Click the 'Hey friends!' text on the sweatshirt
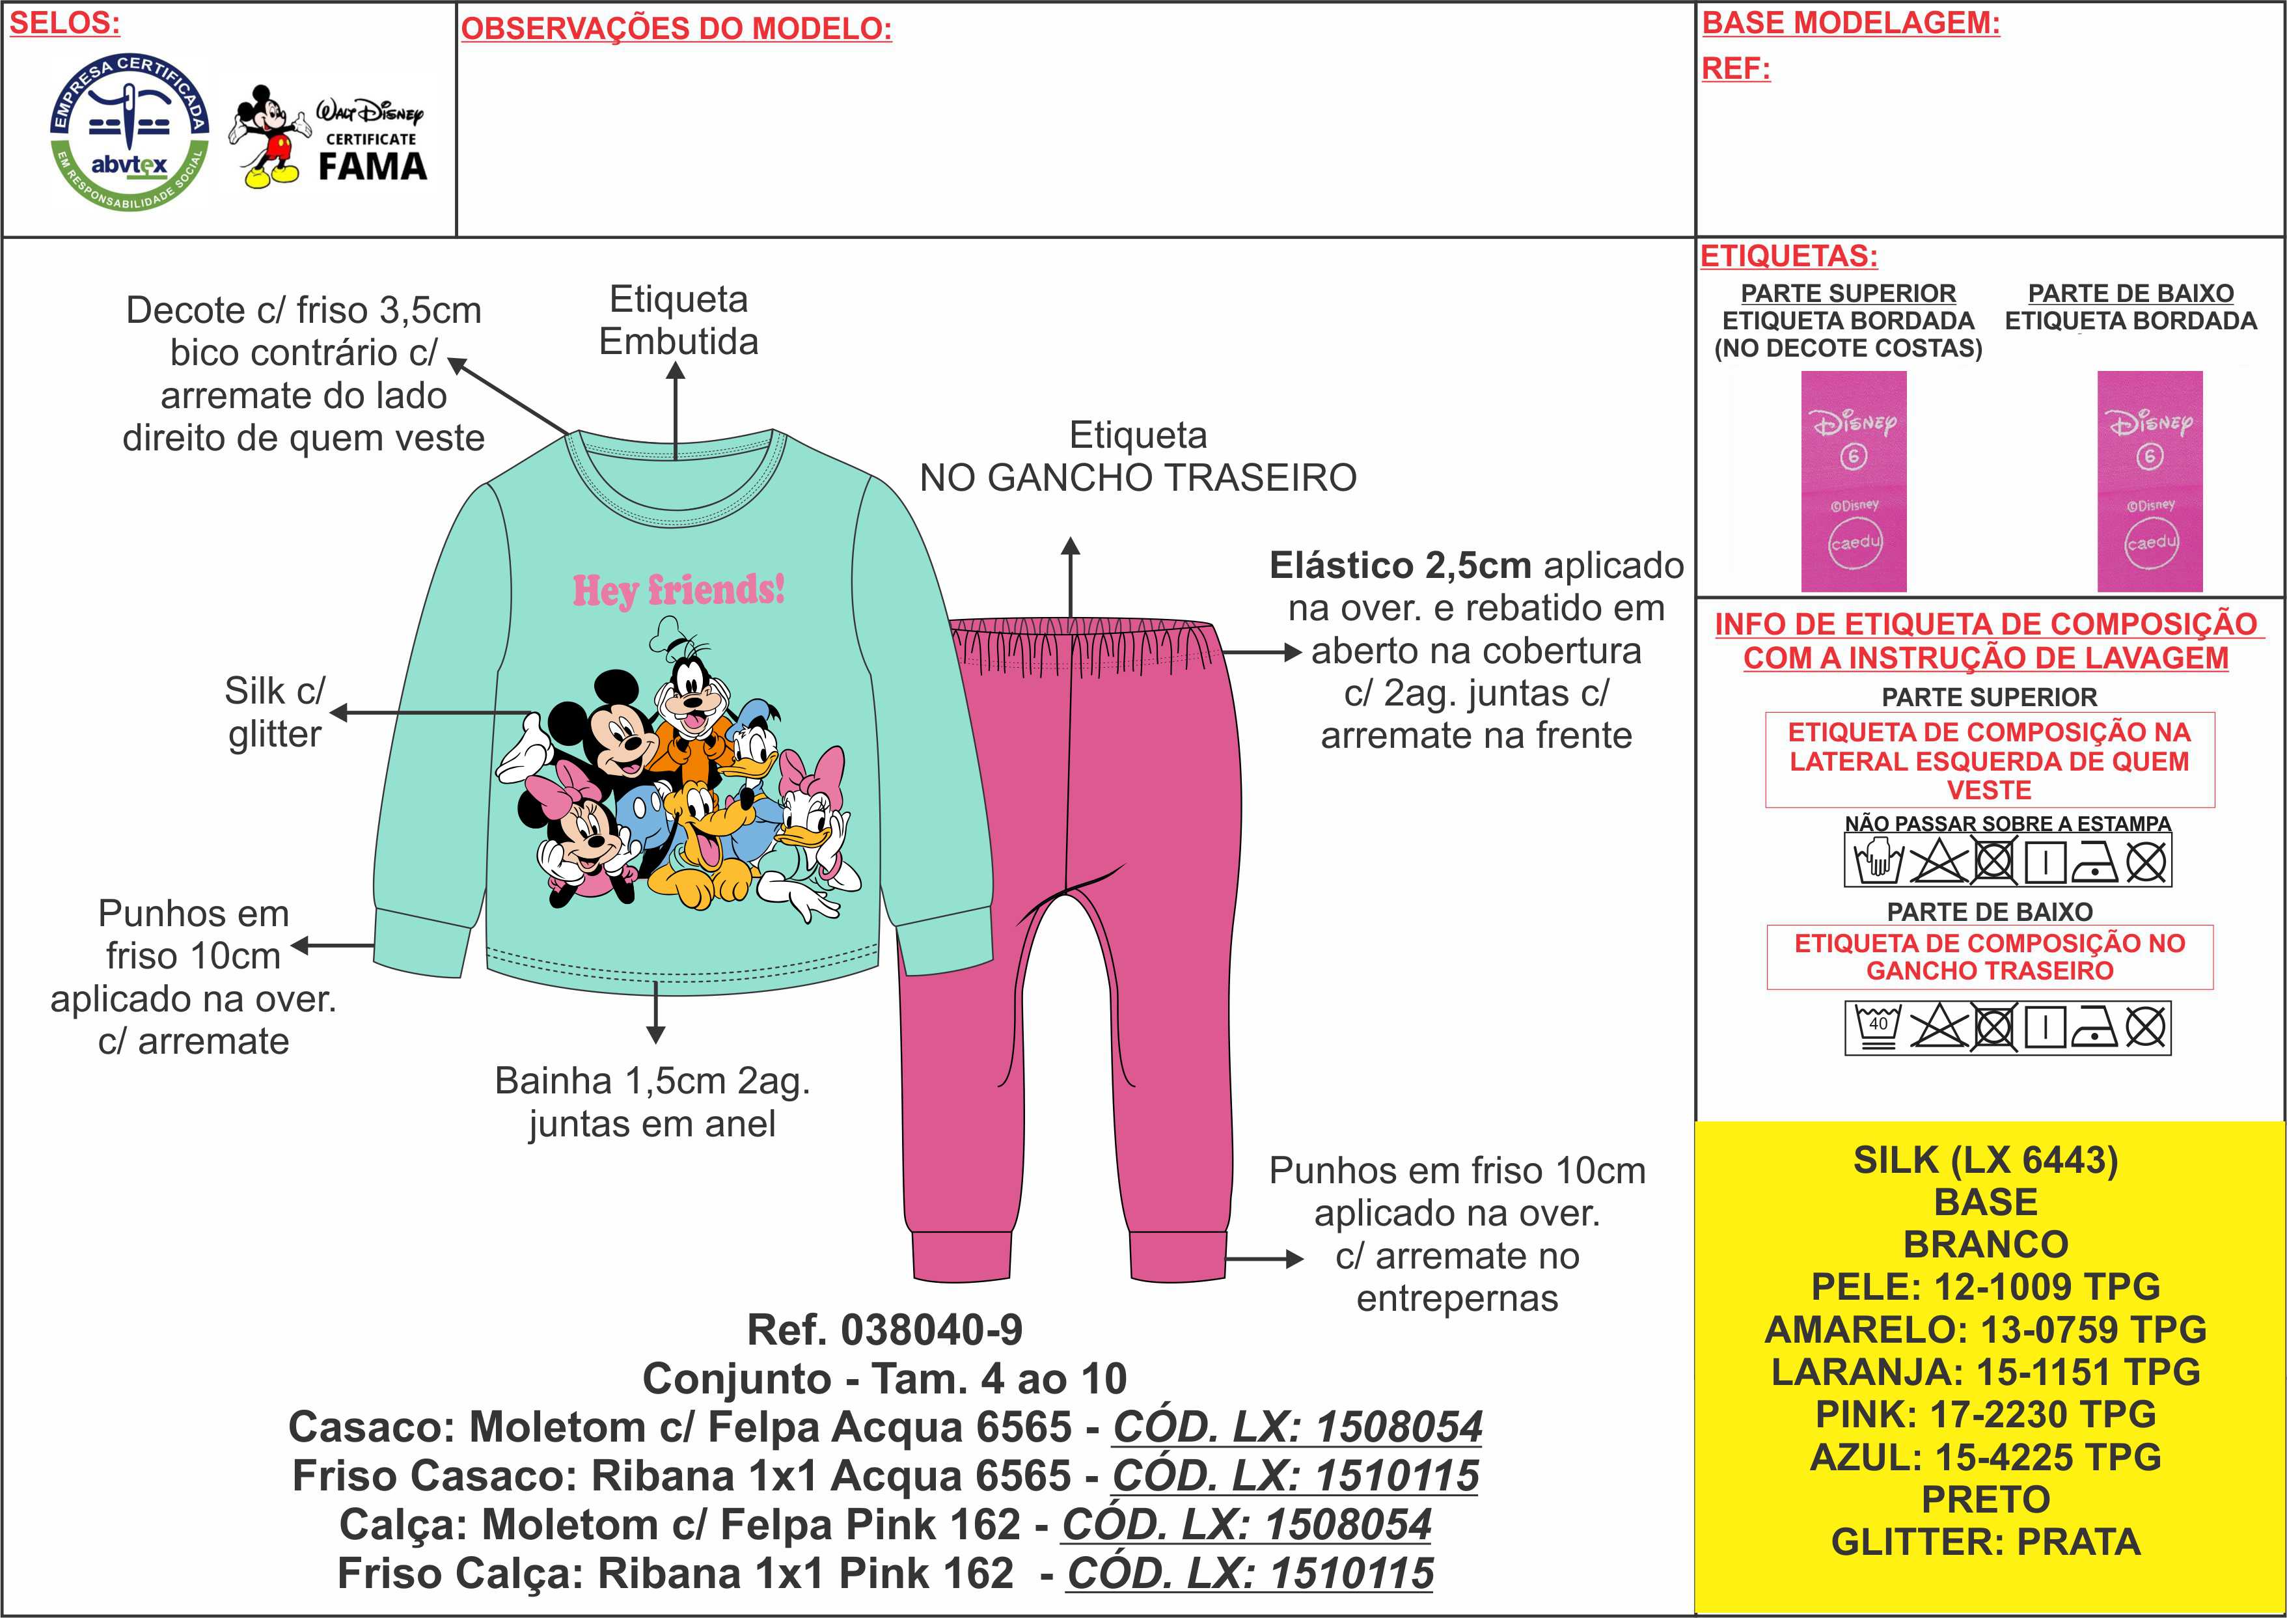pos(678,590)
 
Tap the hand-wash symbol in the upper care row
pos(1876,860)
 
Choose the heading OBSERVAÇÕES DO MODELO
pos(676,29)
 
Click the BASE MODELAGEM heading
pos(1851,23)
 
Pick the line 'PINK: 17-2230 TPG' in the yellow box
pos(1985,1414)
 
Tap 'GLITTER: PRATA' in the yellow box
pos(1985,1541)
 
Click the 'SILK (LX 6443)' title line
pos(1985,1160)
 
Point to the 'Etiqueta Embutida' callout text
pos(678,320)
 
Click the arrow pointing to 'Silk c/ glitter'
pos(428,713)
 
